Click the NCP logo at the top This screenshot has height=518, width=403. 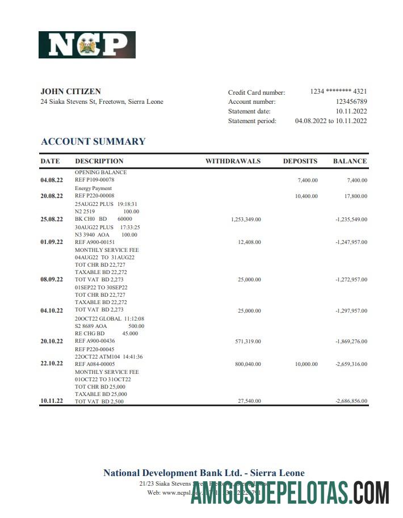click(87, 45)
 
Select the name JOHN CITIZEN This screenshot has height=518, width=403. click(71, 91)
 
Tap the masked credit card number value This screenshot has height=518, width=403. click(338, 92)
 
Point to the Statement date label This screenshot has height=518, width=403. click(249, 111)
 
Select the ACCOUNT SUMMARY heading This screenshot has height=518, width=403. click(93, 141)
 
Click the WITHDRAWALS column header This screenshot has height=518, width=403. click(233, 161)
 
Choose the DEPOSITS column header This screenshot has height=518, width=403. click(300, 161)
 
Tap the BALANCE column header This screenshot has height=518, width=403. click(350, 161)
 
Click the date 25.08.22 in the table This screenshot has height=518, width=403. click(52, 219)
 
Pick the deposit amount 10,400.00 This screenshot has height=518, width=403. click(307, 196)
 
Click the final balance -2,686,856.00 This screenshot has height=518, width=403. click(351, 401)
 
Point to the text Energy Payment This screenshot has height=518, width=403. click(93, 188)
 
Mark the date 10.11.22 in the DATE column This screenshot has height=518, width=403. click(52, 401)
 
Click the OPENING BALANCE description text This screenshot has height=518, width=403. click(100, 172)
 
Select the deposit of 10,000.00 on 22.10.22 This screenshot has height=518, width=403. click(307, 364)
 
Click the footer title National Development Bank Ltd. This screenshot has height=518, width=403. click(204, 473)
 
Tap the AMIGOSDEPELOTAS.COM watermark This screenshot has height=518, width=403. click(290, 492)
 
